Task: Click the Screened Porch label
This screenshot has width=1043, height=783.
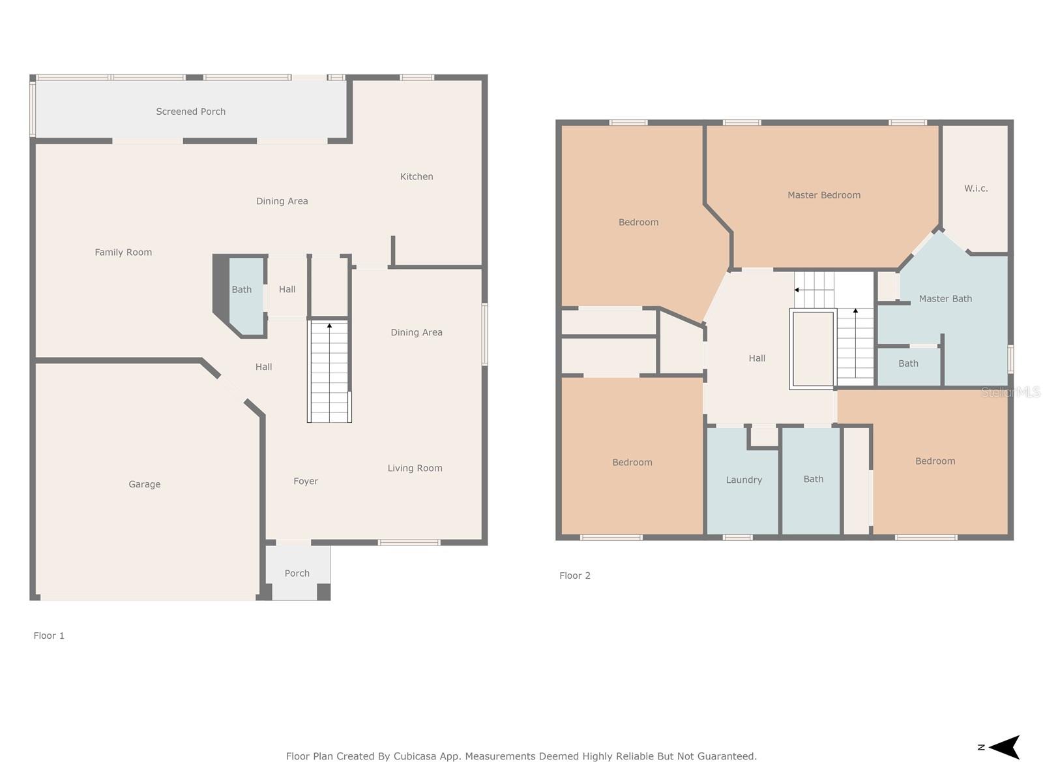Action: click(190, 112)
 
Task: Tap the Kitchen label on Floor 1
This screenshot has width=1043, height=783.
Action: click(417, 177)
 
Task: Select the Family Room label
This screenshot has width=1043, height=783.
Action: click(123, 253)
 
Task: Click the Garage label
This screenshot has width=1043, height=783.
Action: click(145, 484)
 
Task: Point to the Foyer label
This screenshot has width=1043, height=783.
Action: click(306, 481)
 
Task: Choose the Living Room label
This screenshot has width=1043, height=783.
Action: click(415, 468)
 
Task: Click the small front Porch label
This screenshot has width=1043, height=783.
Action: click(297, 574)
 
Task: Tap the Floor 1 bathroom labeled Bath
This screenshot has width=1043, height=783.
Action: click(241, 290)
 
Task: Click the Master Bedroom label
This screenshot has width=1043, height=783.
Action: click(824, 195)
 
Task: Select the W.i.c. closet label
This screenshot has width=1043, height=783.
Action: click(976, 189)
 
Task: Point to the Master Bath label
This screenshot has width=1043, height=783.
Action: click(945, 299)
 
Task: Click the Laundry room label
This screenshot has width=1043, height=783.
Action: click(744, 480)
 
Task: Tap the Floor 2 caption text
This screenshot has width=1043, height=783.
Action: click(574, 576)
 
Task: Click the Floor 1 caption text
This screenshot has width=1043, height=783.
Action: click(48, 636)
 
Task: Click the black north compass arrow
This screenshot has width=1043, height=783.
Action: click(1003, 747)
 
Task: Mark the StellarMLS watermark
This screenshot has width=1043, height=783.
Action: click(1010, 392)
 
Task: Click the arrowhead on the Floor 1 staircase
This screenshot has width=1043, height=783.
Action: click(329, 326)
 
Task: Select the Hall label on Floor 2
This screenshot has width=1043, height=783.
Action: click(756, 358)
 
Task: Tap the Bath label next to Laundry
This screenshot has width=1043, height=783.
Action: click(813, 479)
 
